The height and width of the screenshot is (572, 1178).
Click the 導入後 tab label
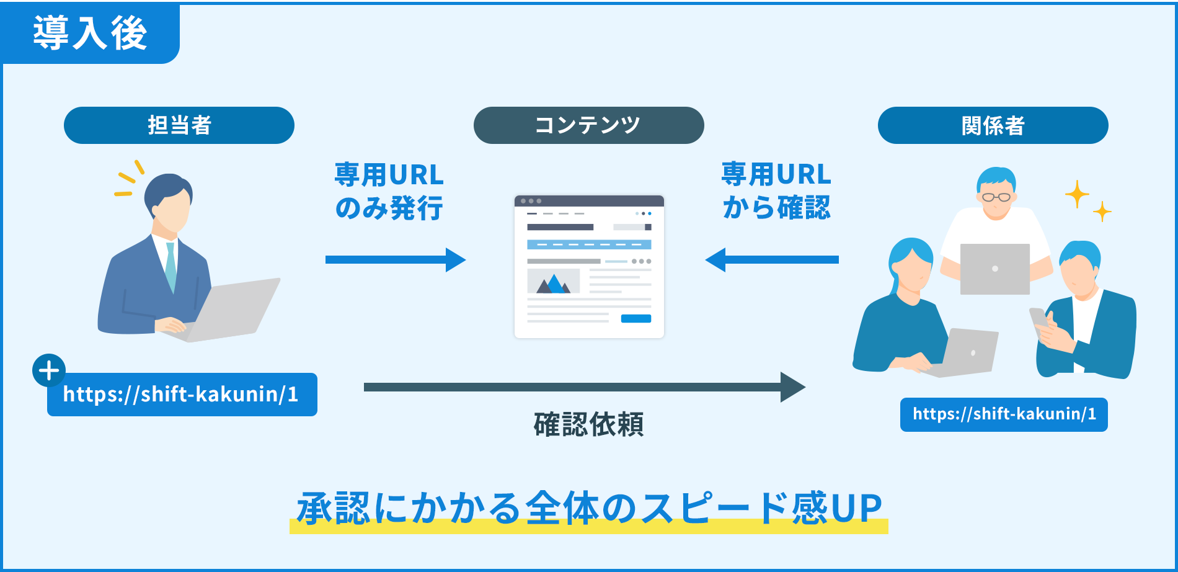pos(90,33)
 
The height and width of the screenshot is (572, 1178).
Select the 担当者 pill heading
pos(179,125)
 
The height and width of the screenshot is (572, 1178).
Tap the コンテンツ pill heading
pos(588,125)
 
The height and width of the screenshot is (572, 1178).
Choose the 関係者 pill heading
pos(993,125)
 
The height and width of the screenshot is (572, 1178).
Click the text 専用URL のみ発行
pos(389,191)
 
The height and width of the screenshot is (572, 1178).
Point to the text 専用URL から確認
pos(776,191)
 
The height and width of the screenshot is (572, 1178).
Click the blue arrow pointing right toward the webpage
pos(395,260)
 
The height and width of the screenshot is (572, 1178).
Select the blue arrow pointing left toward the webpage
pos(772,260)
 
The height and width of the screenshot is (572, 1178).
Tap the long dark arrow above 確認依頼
pos(583,387)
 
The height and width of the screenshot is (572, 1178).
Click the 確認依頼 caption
pos(588,424)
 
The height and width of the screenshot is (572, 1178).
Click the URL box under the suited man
pos(182,395)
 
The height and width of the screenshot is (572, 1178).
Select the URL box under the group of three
pos(1004,414)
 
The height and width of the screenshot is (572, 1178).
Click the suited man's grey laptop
pos(232,310)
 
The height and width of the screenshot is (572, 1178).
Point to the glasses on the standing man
pos(996,197)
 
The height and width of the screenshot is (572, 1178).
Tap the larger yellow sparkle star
pos(1077,194)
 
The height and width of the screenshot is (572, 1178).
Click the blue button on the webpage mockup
pos(635,319)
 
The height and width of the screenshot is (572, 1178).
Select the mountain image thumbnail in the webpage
pos(553,281)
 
